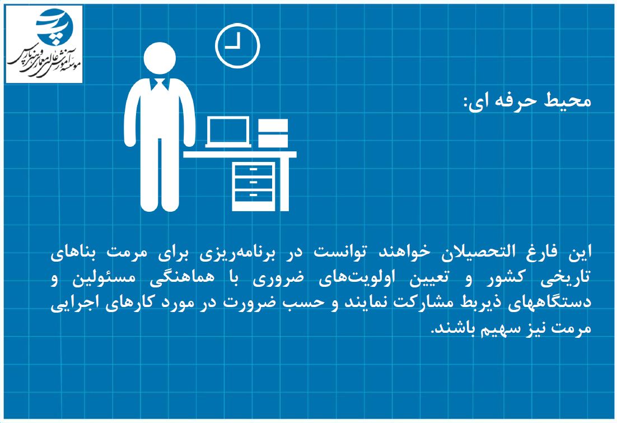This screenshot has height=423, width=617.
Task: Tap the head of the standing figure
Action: click(160, 58)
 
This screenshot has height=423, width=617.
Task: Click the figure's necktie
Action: click(160, 85)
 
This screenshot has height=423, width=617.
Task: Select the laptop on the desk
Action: click(228, 132)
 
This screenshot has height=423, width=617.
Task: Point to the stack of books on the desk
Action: click(273, 133)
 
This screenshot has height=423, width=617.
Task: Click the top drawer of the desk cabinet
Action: click(254, 170)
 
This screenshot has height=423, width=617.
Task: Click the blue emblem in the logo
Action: click(55, 24)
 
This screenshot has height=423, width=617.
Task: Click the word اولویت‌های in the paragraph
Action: click(352, 278)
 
